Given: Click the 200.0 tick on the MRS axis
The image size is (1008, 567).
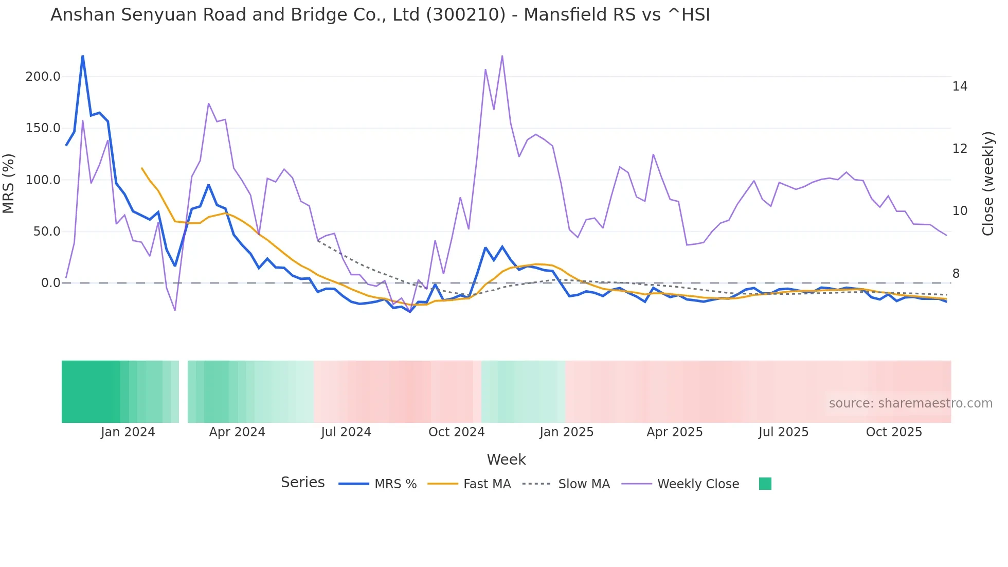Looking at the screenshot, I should [x=43, y=77].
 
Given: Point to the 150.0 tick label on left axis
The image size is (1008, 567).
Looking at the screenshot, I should [x=43, y=128].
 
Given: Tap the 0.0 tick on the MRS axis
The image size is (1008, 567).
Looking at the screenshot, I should [x=50, y=283].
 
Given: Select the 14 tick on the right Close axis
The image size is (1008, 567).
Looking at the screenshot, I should [x=960, y=86].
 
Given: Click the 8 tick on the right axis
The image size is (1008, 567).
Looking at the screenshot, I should [x=956, y=274].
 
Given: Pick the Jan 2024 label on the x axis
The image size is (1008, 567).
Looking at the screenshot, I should [x=128, y=432].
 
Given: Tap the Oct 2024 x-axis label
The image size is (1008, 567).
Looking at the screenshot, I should [x=456, y=432].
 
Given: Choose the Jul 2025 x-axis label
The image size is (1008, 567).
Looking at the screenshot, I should [x=783, y=432].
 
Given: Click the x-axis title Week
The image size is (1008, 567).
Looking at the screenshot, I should [x=506, y=459].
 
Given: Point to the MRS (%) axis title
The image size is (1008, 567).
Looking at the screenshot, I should [x=9, y=183].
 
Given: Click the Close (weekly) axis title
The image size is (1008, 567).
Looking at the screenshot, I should [x=988, y=183].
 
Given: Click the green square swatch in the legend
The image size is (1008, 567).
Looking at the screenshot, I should [x=765, y=484].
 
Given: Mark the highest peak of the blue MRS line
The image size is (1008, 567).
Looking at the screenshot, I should [x=83, y=56].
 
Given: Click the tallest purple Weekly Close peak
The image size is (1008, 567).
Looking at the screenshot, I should [x=502, y=56].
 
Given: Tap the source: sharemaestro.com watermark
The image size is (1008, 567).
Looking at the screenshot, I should [x=910, y=403].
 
